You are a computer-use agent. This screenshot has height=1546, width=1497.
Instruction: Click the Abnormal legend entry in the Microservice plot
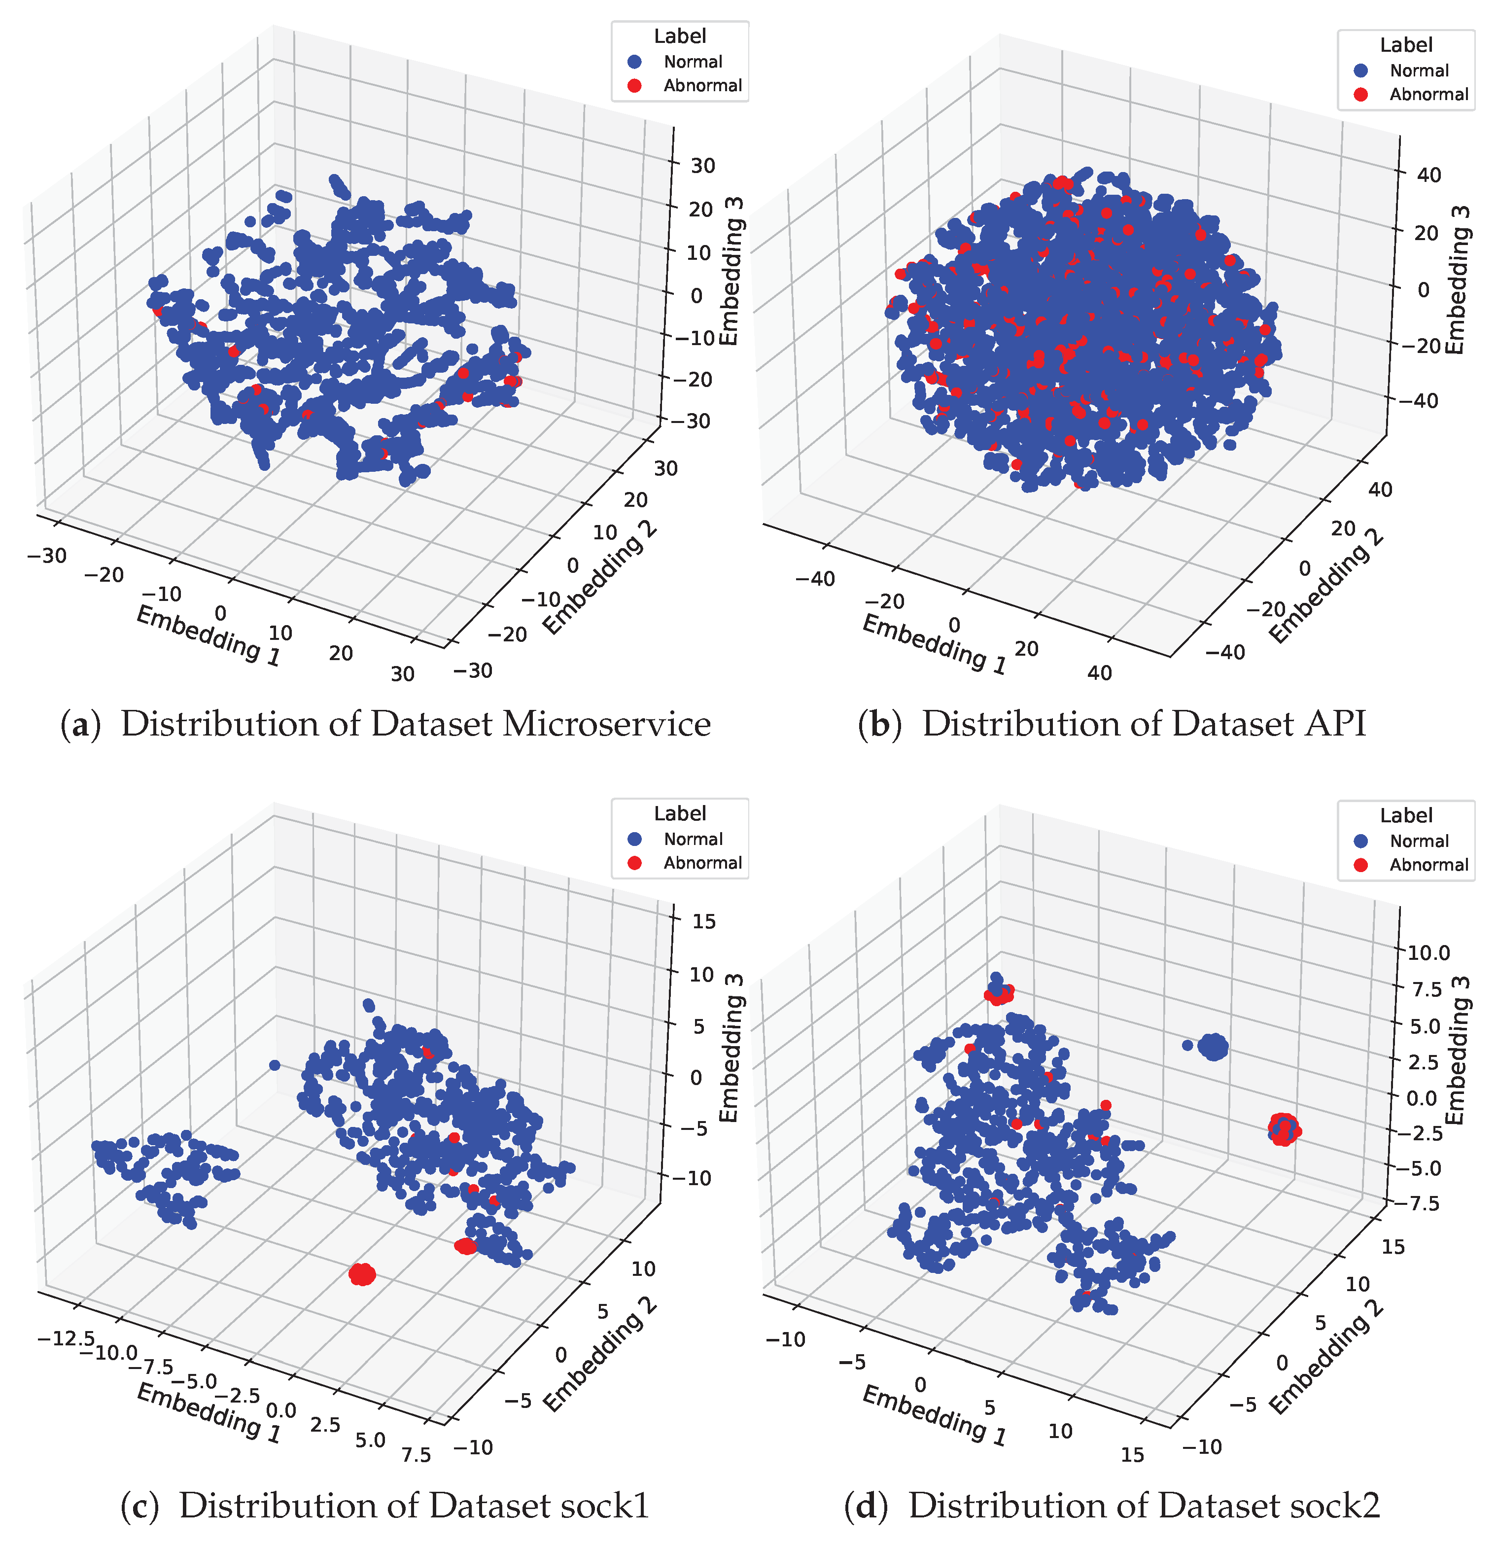point(701,85)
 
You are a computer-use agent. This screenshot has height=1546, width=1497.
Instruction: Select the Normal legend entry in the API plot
point(1418,70)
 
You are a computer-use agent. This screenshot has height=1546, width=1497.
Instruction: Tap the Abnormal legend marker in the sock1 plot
point(634,863)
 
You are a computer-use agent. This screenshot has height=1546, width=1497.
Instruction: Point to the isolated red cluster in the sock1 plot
point(362,1273)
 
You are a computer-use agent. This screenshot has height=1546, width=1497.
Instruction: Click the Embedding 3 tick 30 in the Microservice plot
point(702,166)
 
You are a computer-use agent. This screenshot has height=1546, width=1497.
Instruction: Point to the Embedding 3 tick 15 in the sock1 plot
point(702,920)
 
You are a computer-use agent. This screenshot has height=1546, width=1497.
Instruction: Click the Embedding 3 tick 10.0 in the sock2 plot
point(1429,952)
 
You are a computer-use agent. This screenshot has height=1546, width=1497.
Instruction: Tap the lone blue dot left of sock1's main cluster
point(275,1065)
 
